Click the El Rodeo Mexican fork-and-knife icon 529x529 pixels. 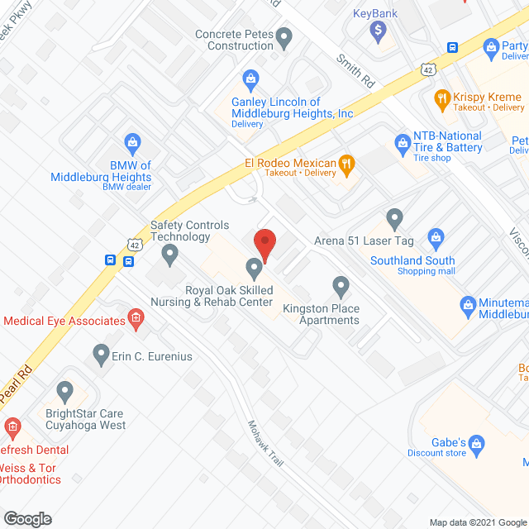(347, 163)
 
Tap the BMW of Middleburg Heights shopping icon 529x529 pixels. (131, 142)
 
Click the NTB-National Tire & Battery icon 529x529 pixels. (403, 141)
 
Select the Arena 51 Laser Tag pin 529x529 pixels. (394, 219)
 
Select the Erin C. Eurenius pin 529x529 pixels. (101, 355)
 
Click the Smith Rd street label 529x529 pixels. (355, 72)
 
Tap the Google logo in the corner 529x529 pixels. (26, 518)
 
